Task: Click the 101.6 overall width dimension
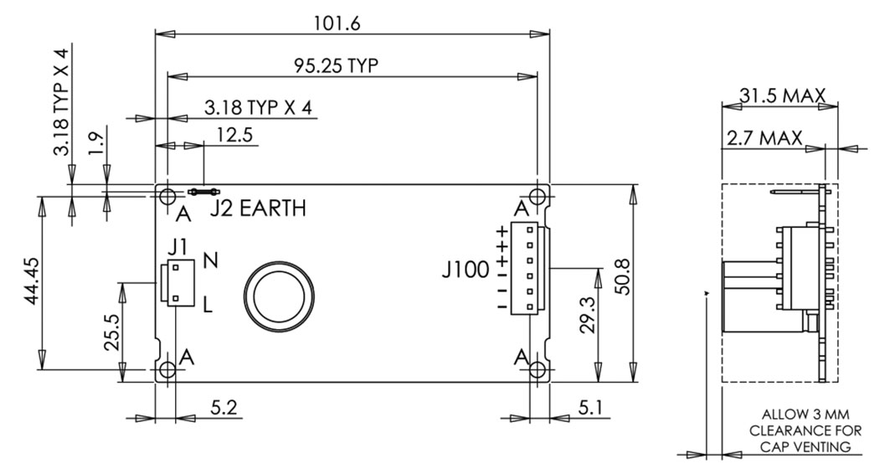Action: tap(337, 23)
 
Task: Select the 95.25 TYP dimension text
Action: tap(336, 65)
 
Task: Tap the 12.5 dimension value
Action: tap(234, 135)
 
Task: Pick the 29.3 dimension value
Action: tap(588, 315)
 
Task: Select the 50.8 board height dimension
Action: tap(623, 276)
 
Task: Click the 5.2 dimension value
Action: tap(224, 407)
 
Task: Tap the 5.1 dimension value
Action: tap(591, 407)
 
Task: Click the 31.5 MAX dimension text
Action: tap(782, 95)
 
